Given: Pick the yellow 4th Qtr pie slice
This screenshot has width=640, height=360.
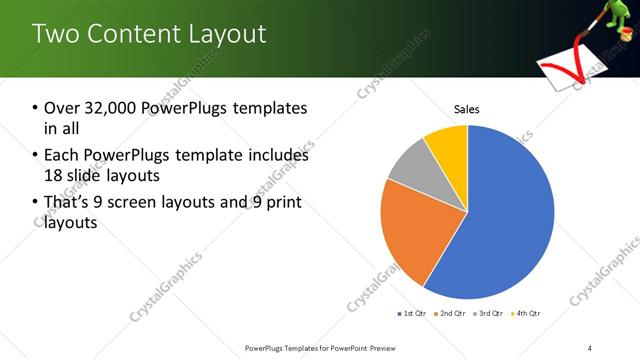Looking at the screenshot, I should pyautogui.click(x=447, y=145).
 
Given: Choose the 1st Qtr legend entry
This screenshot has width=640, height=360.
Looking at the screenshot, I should pyautogui.click(x=412, y=314).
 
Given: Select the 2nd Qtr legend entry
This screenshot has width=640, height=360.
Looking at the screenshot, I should pyautogui.click(x=452, y=314).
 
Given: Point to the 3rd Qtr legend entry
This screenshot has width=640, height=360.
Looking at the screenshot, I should pyautogui.click(x=489, y=314).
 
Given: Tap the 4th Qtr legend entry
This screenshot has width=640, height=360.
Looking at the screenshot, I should pyautogui.click(x=526, y=314).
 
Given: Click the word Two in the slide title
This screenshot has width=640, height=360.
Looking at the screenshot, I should pyautogui.click(x=58, y=34).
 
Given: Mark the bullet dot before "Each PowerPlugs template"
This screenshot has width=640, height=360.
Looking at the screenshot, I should pyautogui.click(x=36, y=156).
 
